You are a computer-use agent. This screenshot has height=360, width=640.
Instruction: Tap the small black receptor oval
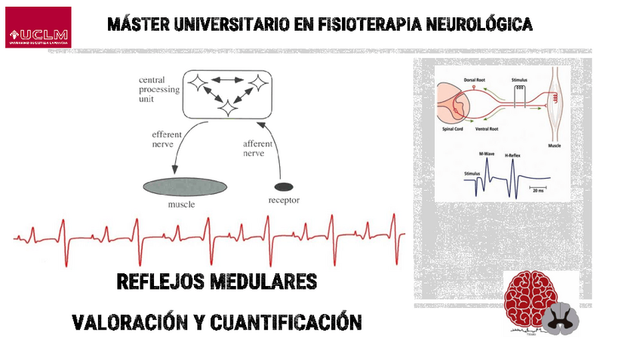click(x=284, y=186)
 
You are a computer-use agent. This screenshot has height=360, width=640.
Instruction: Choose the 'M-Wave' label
click(x=487, y=154)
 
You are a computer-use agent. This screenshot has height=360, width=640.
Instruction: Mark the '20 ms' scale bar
click(x=537, y=189)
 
